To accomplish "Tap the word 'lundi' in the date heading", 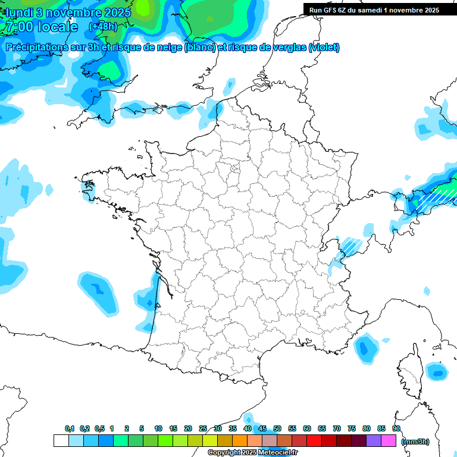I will click(x=21, y=12).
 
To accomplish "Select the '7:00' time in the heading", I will click(x=18, y=27).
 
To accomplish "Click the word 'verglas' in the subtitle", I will click(x=286, y=47).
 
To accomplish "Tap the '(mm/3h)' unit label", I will click(x=415, y=441).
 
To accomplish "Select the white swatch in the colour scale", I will click(x=61, y=440).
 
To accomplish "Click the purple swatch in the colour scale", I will click(x=374, y=440).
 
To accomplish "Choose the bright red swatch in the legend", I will click(x=314, y=440).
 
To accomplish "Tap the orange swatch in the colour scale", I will click(x=240, y=440).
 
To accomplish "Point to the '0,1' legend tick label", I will click(x=70, y=428).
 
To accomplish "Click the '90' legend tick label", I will click(x=396, y=428).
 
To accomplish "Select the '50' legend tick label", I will click(x=277, y=428).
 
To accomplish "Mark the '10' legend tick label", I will click(x=158, y=428).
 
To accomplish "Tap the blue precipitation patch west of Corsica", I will click(x=366, y=348).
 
